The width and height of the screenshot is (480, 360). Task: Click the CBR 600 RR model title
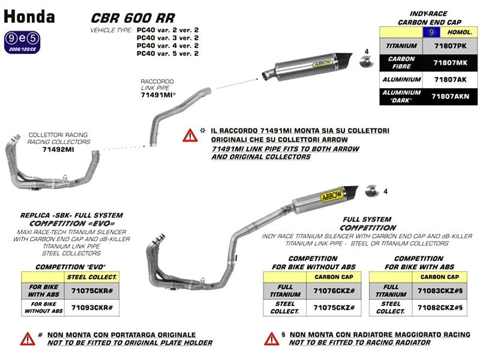coord(133,19)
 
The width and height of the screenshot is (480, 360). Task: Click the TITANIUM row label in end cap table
coord(402,44)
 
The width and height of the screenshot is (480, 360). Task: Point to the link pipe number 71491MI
coord(158,95)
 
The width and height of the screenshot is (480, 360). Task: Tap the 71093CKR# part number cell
coord(92,307)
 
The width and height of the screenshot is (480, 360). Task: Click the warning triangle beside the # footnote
coord(28,339)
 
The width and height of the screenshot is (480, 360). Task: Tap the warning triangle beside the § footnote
coord(271,339)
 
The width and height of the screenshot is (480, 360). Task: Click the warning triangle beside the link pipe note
coord(190,134)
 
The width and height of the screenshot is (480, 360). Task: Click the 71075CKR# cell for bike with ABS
coord(92,290)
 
